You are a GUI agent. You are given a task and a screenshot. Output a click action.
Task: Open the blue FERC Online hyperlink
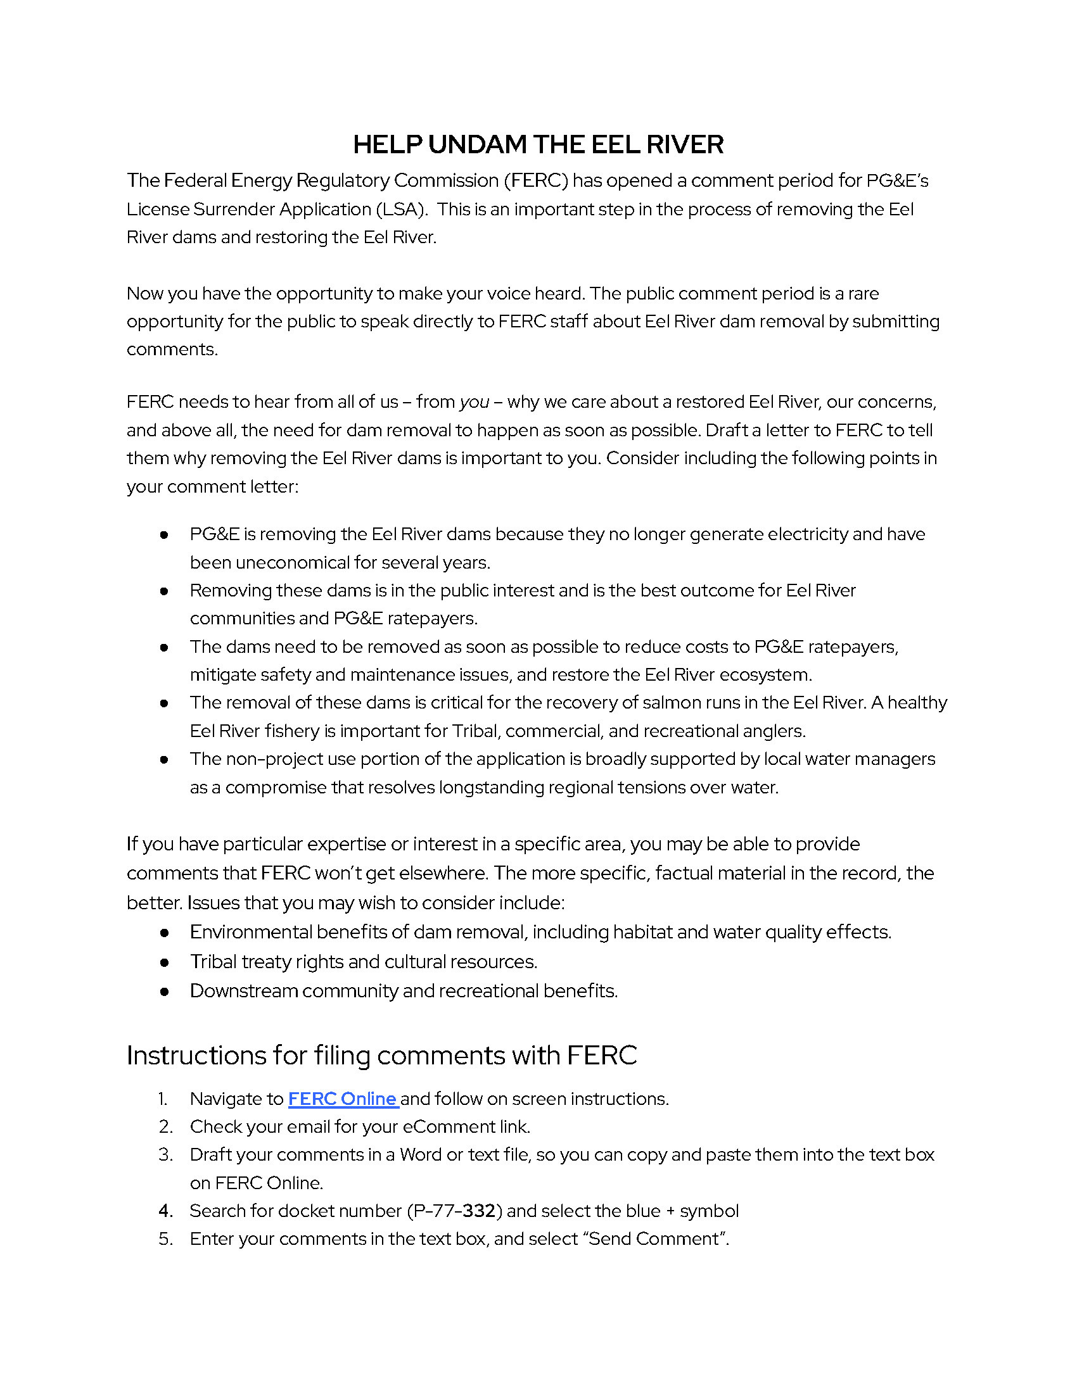[x=343, y=1099]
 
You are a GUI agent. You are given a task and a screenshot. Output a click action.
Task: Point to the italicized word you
[x=474, y=402]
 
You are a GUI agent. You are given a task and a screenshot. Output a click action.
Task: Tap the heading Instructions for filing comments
[x=381, y=1055]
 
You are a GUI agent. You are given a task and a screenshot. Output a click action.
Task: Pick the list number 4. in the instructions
[x=166, y=1211]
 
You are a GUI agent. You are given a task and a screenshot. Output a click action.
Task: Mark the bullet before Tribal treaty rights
[x=165, y=962]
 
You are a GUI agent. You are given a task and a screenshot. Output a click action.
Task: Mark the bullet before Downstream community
[x=165, y=991]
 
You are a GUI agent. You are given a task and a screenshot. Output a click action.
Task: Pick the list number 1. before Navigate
[x=163, y=1099]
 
